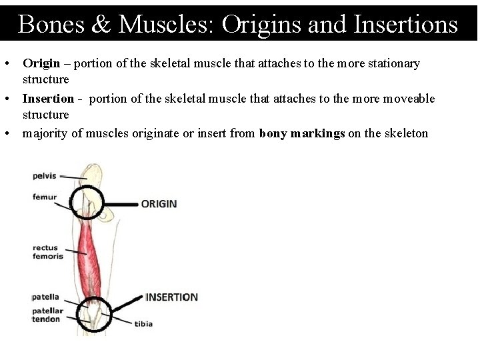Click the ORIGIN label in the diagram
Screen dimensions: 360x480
pyautogui.click(x=159, y=203)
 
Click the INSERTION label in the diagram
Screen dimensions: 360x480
pyautogui.click(x=171, y=297)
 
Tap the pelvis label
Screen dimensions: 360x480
pyautogui.click(x=45, y=176)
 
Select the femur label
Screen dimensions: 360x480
pyautogui.click(x=45, y=197)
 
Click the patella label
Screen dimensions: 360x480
pyautogui.click(x=45, y=297)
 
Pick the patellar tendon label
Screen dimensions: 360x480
pyautogui.click(x=47, y=315)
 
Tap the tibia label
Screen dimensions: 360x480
pyautogui.click(x=143, y=324)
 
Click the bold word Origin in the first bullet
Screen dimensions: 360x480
pyautogui.click(x=41, y=63)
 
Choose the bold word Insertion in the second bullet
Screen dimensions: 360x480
pyautogui.click(x=48, y=99)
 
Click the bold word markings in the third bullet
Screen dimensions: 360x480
pyautogui.click(x=317, y=133)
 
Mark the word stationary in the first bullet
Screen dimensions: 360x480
pyautogui.click(x=392, y=63)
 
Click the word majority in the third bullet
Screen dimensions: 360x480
pyautogui.click(x=45, y=133)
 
